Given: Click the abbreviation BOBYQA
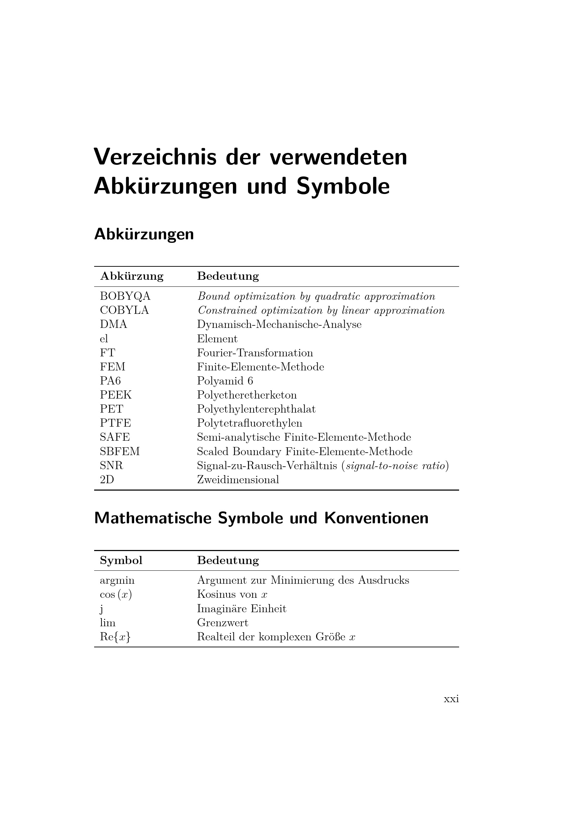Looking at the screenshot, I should pos(125,297).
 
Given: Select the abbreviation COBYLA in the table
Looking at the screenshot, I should pos(124,310).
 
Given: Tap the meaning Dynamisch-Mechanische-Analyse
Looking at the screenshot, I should pos(279,324).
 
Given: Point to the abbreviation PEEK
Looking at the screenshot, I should pos(116,395).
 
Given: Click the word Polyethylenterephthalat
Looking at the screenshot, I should pos(256,409).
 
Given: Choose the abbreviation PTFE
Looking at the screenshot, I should pos(115,423).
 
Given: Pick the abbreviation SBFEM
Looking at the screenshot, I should pos(119,452).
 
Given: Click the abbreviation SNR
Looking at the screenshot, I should pos(111,465).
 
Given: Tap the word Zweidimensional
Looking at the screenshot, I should pos(238,480).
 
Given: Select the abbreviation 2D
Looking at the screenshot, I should pos(107,480).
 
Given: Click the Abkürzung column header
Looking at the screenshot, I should pos(132,276).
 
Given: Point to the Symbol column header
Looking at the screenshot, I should pos(121,560).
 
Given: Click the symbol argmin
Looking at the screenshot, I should pos(117,580).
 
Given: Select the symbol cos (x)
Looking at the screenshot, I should pos(116,595).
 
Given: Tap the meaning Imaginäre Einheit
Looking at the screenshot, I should pos(241,609).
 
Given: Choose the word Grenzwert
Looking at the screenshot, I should pos(222,623).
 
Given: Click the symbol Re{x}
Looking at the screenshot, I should pos(115,637).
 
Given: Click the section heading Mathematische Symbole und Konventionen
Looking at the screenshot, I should pos(261,518).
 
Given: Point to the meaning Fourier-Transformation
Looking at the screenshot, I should pos(255,352).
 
